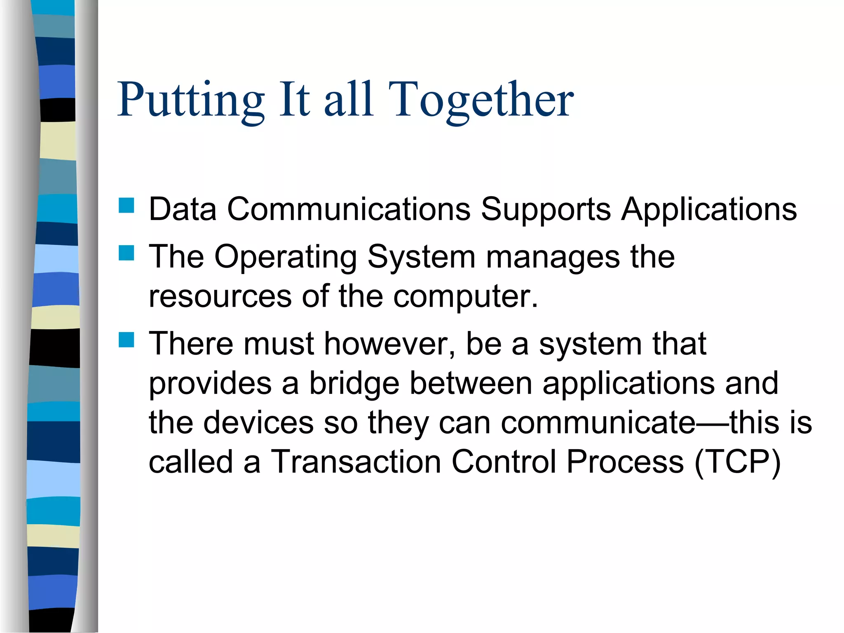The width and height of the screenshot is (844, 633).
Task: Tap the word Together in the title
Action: pos(481,100)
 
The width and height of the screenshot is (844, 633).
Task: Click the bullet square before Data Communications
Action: pos(127,205)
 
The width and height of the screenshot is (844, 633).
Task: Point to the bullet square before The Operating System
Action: pos(127,253)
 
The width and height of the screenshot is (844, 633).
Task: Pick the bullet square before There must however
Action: pos(127,340)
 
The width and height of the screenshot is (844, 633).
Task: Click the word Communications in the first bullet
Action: pos(349,209)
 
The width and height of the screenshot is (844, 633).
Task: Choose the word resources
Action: pos(220,296)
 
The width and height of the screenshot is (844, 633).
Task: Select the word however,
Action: pos(390,344)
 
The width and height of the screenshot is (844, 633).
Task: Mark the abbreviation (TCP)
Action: pos(737,462)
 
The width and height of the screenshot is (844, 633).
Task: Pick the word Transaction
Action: pos(356,462)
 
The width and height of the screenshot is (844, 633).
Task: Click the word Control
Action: pos(504,462)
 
